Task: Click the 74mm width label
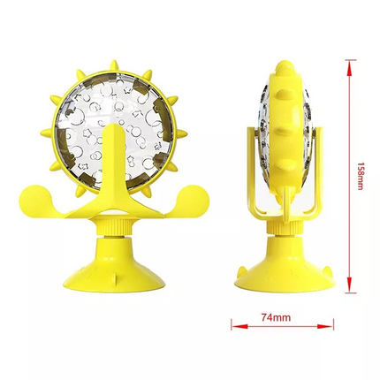pos(276,317)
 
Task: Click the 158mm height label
pos(360,176)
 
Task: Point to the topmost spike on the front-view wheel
pos(114,65)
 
